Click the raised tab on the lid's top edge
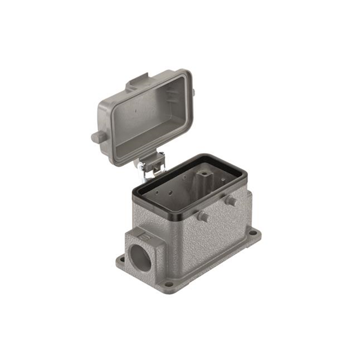click(x=137, y=83)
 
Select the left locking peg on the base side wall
click(x=204, y=217)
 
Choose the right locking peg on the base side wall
click(x=231, y=200)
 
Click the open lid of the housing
click(x=143, y=115)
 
